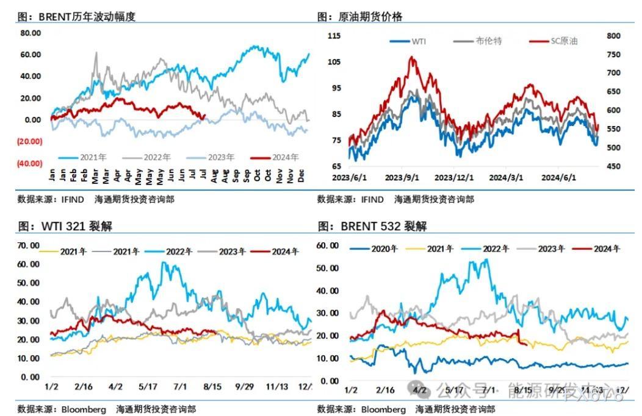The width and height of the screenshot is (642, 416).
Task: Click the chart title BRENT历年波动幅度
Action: [x=87, y=17]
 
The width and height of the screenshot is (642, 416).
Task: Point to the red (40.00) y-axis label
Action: [x=30, y=163]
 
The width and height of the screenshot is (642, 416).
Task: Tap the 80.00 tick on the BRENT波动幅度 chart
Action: [x=31, y=33]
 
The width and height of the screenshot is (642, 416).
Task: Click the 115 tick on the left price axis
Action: [x=334, y=36]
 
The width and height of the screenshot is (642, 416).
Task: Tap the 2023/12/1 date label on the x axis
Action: [x=452, y=178]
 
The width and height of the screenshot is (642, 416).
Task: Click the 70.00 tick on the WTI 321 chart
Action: [x=29, y=245]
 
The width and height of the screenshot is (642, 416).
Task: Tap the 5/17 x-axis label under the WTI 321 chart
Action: [x=148, y=387]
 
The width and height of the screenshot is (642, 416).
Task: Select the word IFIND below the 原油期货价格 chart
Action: [x=372, y=199]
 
